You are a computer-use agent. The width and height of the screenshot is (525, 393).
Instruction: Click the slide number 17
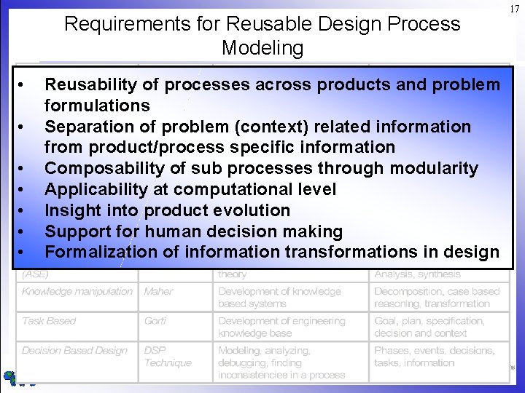click(x=515, y=9)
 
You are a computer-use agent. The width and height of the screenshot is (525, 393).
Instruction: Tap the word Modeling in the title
click(x=262, y=48)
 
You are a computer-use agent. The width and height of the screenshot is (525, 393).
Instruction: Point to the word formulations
click(x=97, y=106)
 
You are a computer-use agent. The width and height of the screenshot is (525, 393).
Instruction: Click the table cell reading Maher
click(x=160, y=291)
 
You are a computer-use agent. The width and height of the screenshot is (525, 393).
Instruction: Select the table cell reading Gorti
click(x=155, y=321)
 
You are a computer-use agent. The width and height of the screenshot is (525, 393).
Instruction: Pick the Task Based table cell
click(x=49, y=321)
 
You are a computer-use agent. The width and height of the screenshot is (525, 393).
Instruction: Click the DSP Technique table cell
click(x=168, y=357)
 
